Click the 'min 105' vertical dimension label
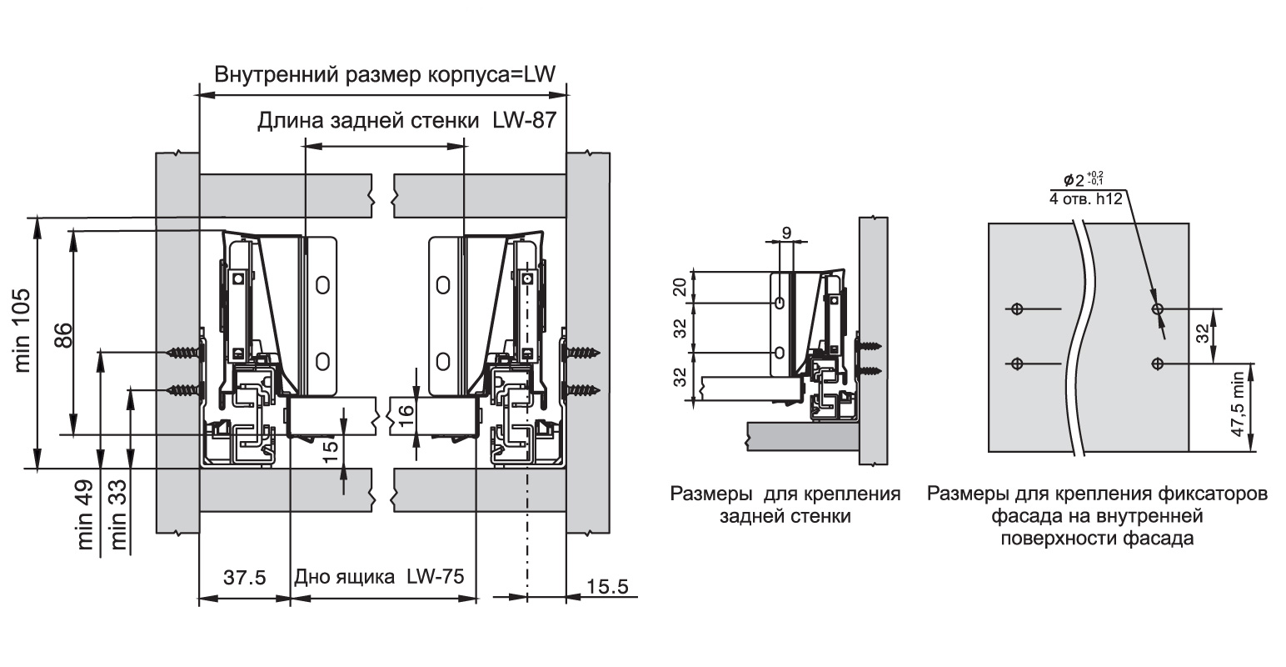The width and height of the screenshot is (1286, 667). pos(22,329)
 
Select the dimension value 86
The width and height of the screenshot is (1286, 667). pos(61,333)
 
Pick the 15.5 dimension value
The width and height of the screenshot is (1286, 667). pos(607,586)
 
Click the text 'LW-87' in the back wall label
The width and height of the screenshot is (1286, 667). pos(521,122)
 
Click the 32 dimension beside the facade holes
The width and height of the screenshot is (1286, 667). pos(1202,336)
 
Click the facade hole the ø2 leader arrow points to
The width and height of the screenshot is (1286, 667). pos(1157,309)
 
